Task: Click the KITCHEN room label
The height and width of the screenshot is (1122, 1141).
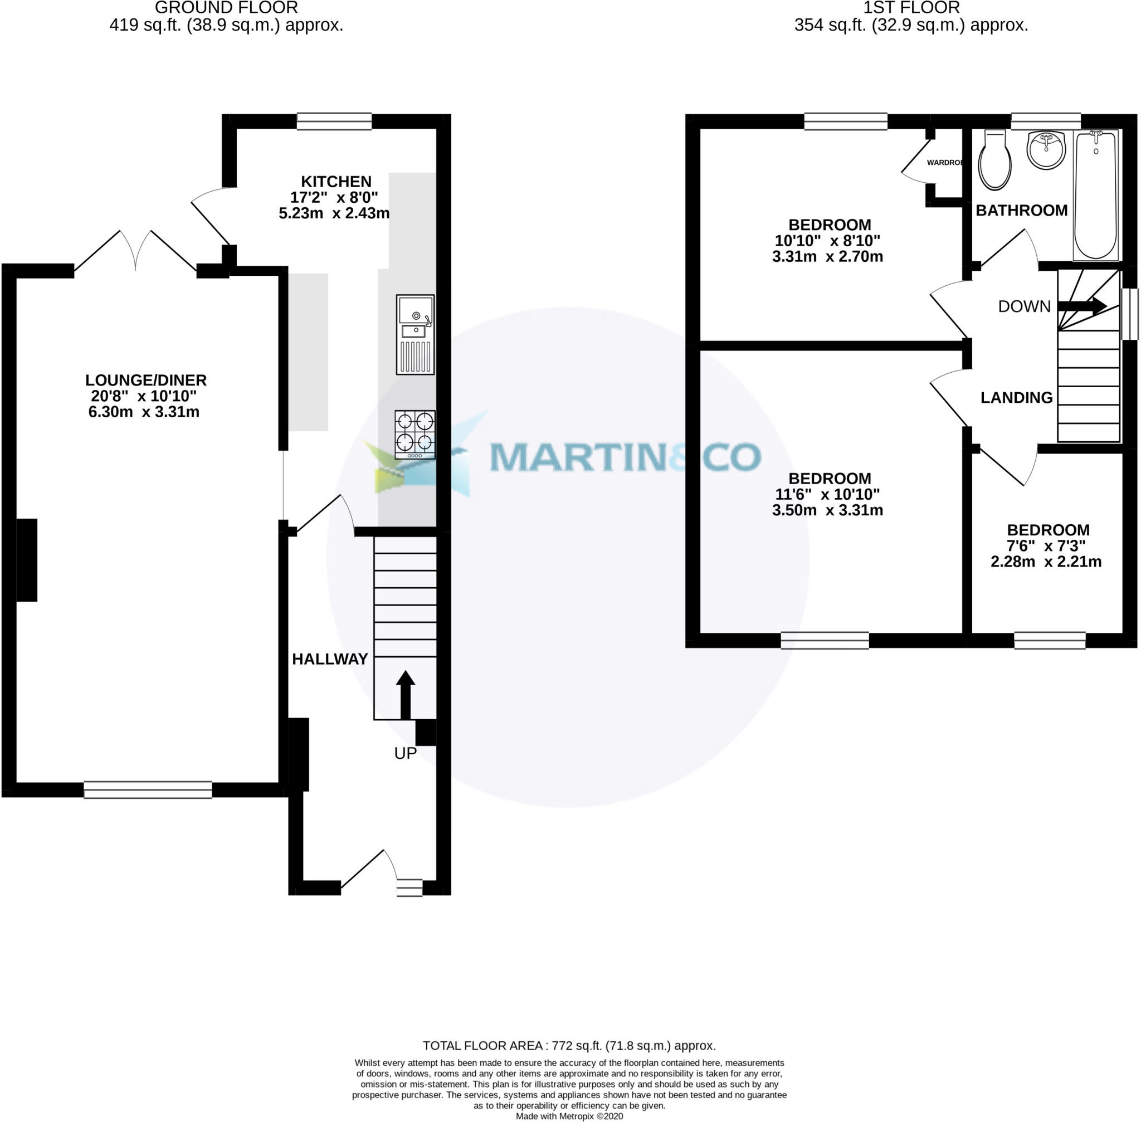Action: click(336, 182)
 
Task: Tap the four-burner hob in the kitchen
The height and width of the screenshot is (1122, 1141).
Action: click(415, 435)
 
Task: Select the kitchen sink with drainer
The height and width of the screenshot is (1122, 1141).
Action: click(415, 335)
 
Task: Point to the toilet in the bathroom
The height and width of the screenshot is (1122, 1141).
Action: click(995, 160)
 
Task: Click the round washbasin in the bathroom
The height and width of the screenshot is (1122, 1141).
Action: click(1046, 150)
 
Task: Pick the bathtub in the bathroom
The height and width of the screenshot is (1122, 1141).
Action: click(1096, 195)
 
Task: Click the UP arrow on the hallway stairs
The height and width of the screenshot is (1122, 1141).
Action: click(406, 694)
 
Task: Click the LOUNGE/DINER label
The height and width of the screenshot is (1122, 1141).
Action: click(146, 380)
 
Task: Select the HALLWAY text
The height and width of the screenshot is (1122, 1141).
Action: click(330, 659)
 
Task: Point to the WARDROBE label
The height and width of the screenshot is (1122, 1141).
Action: click(944, 163)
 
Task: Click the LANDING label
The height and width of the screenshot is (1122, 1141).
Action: click(1017, 398)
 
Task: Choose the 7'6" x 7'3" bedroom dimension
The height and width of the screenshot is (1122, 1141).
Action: click(1046, 545)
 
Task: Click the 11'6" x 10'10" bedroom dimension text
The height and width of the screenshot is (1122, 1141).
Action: click(827, 494)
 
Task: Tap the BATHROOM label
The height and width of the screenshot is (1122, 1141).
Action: click(1021, 211)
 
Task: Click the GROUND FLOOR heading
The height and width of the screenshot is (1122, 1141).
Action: click(226, 8)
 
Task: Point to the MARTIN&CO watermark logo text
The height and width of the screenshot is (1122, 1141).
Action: click(625, 457)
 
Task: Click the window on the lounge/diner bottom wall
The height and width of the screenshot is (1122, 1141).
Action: click(148, 789)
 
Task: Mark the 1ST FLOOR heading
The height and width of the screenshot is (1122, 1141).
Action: click(911, 8)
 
